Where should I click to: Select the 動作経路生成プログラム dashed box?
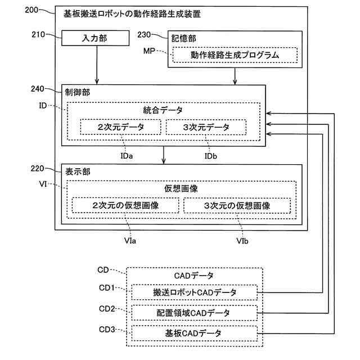(234, 55)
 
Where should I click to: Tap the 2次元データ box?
(120, 128)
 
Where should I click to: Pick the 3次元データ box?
(206, 128)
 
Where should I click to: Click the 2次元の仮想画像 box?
(125, 206)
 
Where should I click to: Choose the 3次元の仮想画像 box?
(237, 206)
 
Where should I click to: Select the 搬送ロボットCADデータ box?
(195, 293)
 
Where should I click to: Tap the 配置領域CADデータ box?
(195, 313)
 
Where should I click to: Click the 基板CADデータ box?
(195, 333)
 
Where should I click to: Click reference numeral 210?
(39, 34)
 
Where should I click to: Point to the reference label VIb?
(244, 241)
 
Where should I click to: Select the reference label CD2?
(107, 309)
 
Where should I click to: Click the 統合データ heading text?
(163, 110)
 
